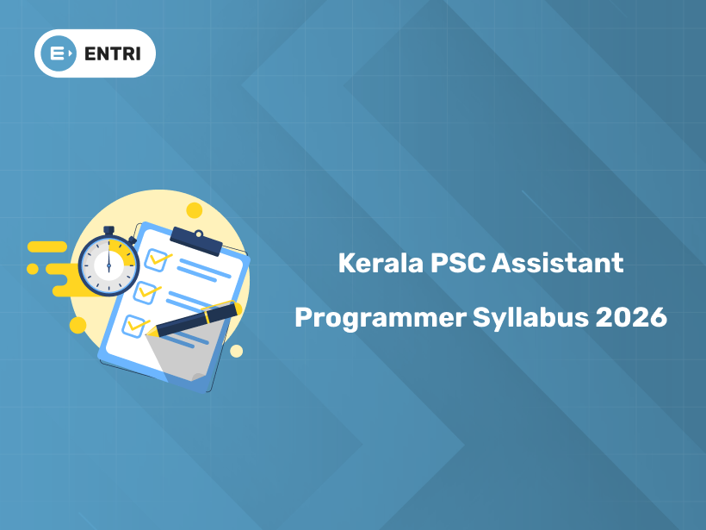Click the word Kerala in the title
tap(381, 263)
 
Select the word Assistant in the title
tap(557, 263)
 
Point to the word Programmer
tap(381, 319)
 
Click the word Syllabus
tap(530, 318)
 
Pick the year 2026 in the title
tap(631, 317)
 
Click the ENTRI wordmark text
tap(113, 53)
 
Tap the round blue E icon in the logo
tap(59, 53)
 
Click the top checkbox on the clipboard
tap(156, 260)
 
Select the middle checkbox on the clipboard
tap(145, 293)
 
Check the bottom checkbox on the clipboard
tap(133, 326)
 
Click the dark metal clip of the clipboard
tap(196, 241)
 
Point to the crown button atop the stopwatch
tap(108, 231)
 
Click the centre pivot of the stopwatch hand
tap(108, 266)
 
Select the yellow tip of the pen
tap(151, 333)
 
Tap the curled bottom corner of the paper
tap(198, 377)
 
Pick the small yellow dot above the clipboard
tap(194, 210)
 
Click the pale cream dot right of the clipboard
tap(237, 351)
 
